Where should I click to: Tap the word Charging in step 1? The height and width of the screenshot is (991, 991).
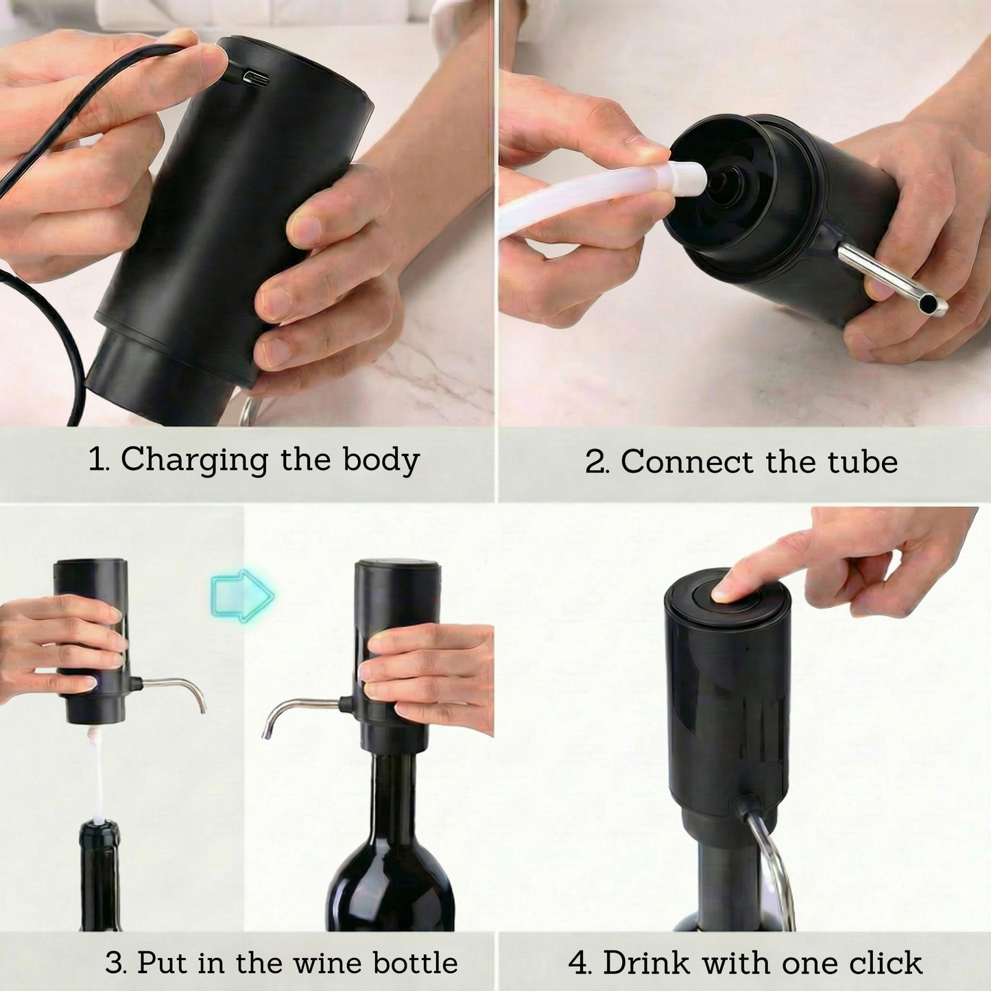click(x=194, y=460)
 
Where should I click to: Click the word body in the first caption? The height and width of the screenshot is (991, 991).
click(x=381, y=460)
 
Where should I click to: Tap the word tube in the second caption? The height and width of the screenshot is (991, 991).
click(x=862, y=462)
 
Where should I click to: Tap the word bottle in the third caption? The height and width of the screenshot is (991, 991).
click(x=415, y=962)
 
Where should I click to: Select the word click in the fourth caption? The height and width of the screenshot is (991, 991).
click(x=885, y=962)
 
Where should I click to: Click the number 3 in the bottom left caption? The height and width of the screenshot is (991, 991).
click(x=115, y=963)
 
